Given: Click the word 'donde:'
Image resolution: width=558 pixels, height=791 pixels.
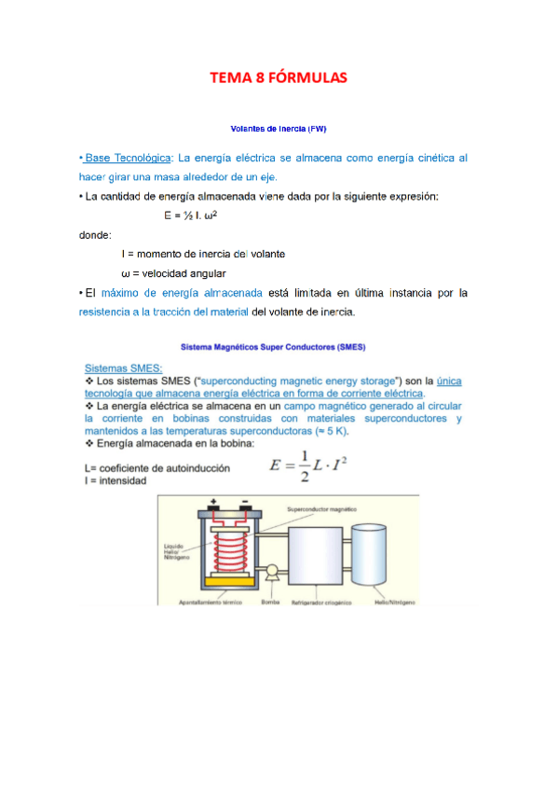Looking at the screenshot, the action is click(x=95, y=235).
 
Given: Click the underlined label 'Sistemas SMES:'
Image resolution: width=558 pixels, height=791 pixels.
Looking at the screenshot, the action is click(x=123, y=368).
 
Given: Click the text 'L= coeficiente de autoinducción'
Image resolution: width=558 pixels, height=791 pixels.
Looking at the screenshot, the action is click(x=157, y=468).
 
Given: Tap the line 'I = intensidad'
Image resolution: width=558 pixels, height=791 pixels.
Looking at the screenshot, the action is click(x=115, y=482).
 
